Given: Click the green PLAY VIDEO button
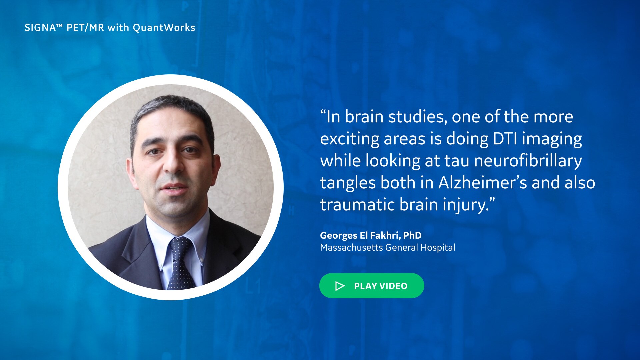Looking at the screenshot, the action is tap(372, 286).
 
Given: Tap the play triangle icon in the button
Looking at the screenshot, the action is tap(340, 286).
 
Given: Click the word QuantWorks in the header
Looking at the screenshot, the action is tap(164, 28).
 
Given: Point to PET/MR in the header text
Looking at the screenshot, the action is tap(85, 28).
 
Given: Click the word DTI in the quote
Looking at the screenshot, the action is tap(505, 139).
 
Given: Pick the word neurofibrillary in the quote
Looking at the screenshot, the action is tap(528, 160).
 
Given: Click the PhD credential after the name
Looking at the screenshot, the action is tap(412, 235).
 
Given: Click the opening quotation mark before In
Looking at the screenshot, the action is tap(323, 113).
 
